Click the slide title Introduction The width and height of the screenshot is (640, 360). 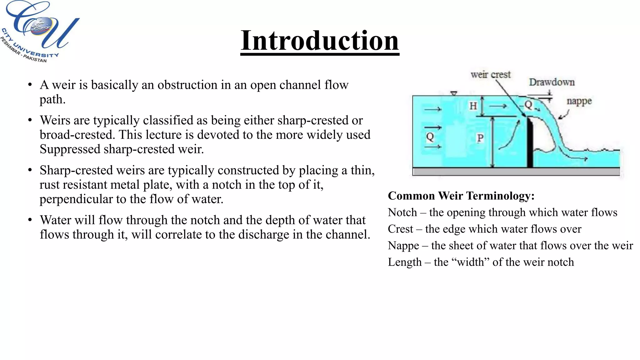click(320, 41)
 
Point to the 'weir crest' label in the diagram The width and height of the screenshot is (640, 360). click(490, 75)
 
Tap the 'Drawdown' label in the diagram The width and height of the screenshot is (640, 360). click(552, 82)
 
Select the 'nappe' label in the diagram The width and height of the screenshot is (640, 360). click(579, 101)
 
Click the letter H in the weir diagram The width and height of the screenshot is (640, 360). click(473, 106)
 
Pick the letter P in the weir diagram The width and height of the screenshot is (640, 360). click(480, 138)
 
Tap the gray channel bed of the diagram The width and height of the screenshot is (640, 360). click(516, 172)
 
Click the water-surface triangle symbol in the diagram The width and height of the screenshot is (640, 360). click(454, 93)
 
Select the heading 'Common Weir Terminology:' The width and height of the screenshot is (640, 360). click(461, 196)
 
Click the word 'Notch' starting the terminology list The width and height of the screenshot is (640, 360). click(402, 212)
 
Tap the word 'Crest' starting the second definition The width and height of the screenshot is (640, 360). click(400, 229)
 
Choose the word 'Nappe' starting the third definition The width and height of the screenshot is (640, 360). click(403, 246)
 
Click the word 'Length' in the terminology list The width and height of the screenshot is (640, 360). click(405, 262)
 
